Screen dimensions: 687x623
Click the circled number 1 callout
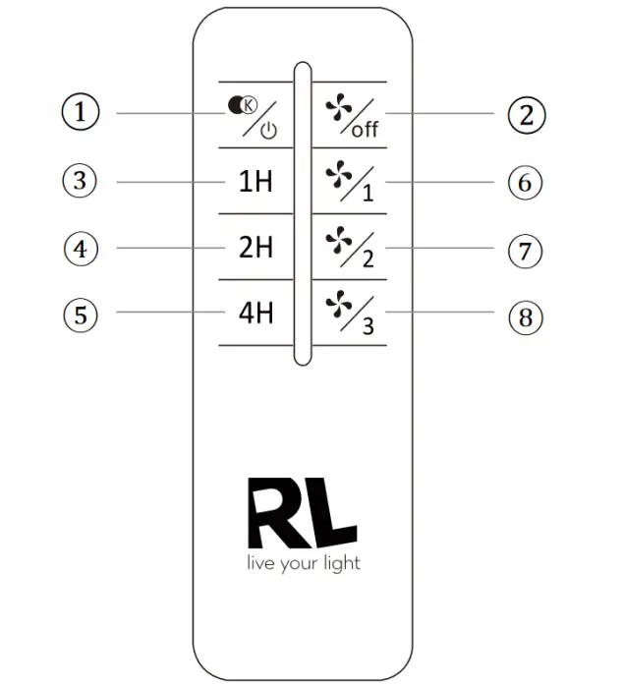83,113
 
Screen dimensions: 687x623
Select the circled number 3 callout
83,181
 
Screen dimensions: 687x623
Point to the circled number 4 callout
83,250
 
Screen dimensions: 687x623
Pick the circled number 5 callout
83,315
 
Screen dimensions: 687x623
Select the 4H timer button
255,315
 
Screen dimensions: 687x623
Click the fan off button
350,115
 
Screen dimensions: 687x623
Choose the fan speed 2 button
350,248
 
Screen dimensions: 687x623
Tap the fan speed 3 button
350,315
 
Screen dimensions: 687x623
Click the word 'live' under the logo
260,563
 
